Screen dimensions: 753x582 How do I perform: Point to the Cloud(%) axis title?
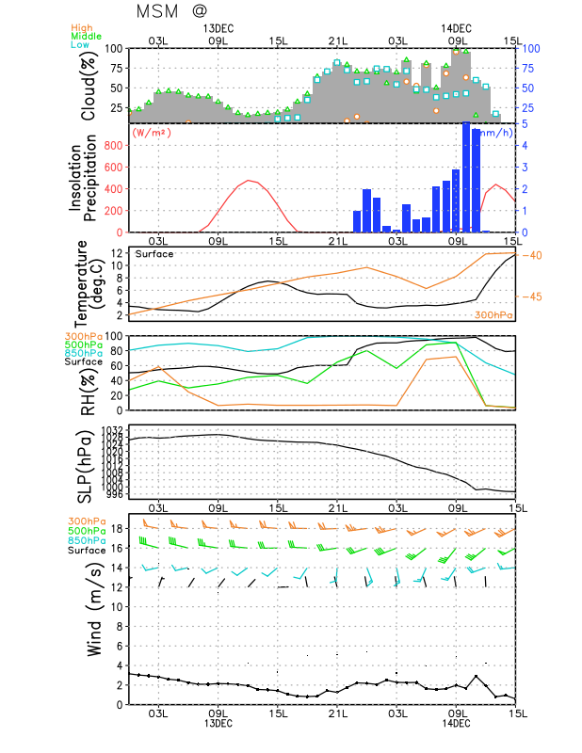point(89,85)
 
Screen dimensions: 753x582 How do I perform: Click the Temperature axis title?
point(91,282)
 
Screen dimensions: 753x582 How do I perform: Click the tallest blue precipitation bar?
point(465,177)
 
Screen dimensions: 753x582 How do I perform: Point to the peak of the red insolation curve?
point(249,180)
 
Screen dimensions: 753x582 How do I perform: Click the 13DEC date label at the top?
point(218,28)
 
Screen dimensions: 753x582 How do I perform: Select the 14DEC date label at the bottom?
point(457,723)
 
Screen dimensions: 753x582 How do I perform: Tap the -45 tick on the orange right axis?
point(531,296)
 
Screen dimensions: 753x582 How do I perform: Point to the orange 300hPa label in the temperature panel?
point(493,314)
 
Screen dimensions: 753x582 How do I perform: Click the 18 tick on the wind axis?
point(119,528)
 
